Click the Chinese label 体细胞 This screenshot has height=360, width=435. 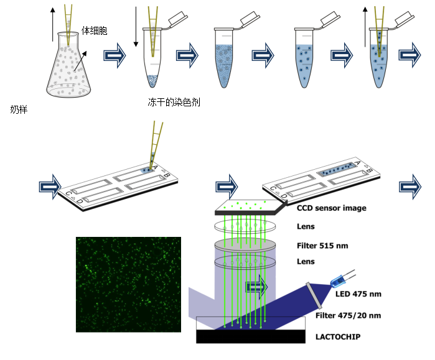click(95, 30)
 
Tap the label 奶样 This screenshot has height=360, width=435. click(19, 110)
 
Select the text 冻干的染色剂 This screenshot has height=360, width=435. click(174, 102)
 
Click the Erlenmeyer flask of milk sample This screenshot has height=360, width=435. click(68, 65)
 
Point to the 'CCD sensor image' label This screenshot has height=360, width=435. click(332, 208)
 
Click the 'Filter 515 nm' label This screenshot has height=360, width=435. click(322, 246)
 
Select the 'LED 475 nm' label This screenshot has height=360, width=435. click(358, 293)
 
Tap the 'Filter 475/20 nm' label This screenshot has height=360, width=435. click(348, 315)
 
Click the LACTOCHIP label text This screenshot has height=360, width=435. click(338, 337)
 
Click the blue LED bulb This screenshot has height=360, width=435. click(337, 281)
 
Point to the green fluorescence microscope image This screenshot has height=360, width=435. click(128, 284)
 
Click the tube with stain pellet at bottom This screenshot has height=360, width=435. click(152, 58)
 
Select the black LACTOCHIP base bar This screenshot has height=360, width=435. click(251, 336)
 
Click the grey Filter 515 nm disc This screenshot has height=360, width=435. click(245, 245)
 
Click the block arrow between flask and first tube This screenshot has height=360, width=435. click(115, 55)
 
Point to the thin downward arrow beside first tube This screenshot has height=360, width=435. click(136, 27)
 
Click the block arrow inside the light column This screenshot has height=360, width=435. click(256, 287)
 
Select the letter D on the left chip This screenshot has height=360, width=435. click(80, 201)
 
